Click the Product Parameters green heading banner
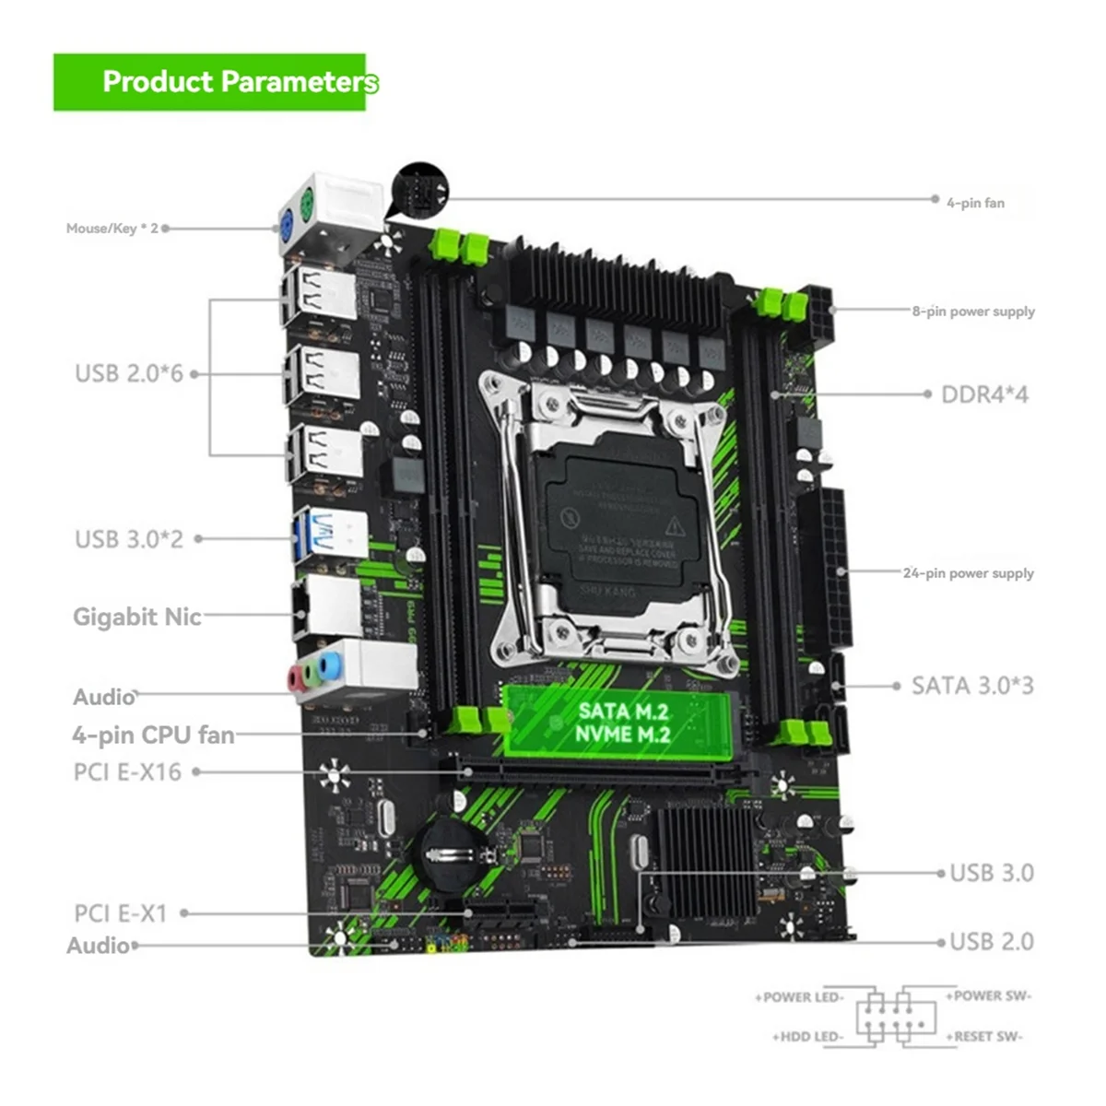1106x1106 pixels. click(x=210, y=82)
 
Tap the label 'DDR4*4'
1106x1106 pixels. click(x=984, y=394)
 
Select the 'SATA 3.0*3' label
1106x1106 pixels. click(x=972, y=686)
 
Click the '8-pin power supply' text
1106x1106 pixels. click(x=973, y=312)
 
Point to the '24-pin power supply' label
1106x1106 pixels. click(x=968, y=573)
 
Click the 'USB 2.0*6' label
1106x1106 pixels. click(x=129, y=373)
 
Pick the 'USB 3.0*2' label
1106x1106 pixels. click(x=129, y=538)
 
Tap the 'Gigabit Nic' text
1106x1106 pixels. click(x=136, y=617)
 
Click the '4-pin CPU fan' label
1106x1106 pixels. click(x=153, y=735)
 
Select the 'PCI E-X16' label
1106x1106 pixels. click(x=127, y=771)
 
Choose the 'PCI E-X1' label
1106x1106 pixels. click(x=121, y=913)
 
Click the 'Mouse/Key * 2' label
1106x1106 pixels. click(x=112, y=228)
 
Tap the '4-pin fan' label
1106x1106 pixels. click(x=975, y=203)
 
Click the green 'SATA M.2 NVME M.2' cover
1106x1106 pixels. click(x=616, y=723)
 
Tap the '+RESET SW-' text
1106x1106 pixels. click(x=983, y=1037)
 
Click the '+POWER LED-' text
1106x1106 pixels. click(x=799, y=997)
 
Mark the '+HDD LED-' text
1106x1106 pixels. click(x=807, y=1037)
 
